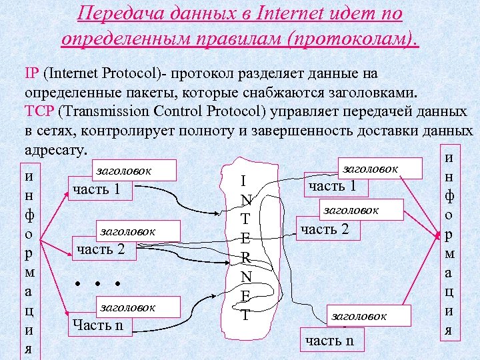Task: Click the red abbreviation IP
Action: pyautogui.click(x=31, y=71)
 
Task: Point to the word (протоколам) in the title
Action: pyautogui.click(x=351, y=38)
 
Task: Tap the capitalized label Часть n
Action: pyautogui.click(x=98, y=325)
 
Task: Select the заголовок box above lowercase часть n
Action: pyautogui.click(x=359, y=316)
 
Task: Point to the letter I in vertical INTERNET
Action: pyautogui.click(x=245, y=181)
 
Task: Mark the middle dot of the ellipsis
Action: pyautogui.click(x=97, y=283)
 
